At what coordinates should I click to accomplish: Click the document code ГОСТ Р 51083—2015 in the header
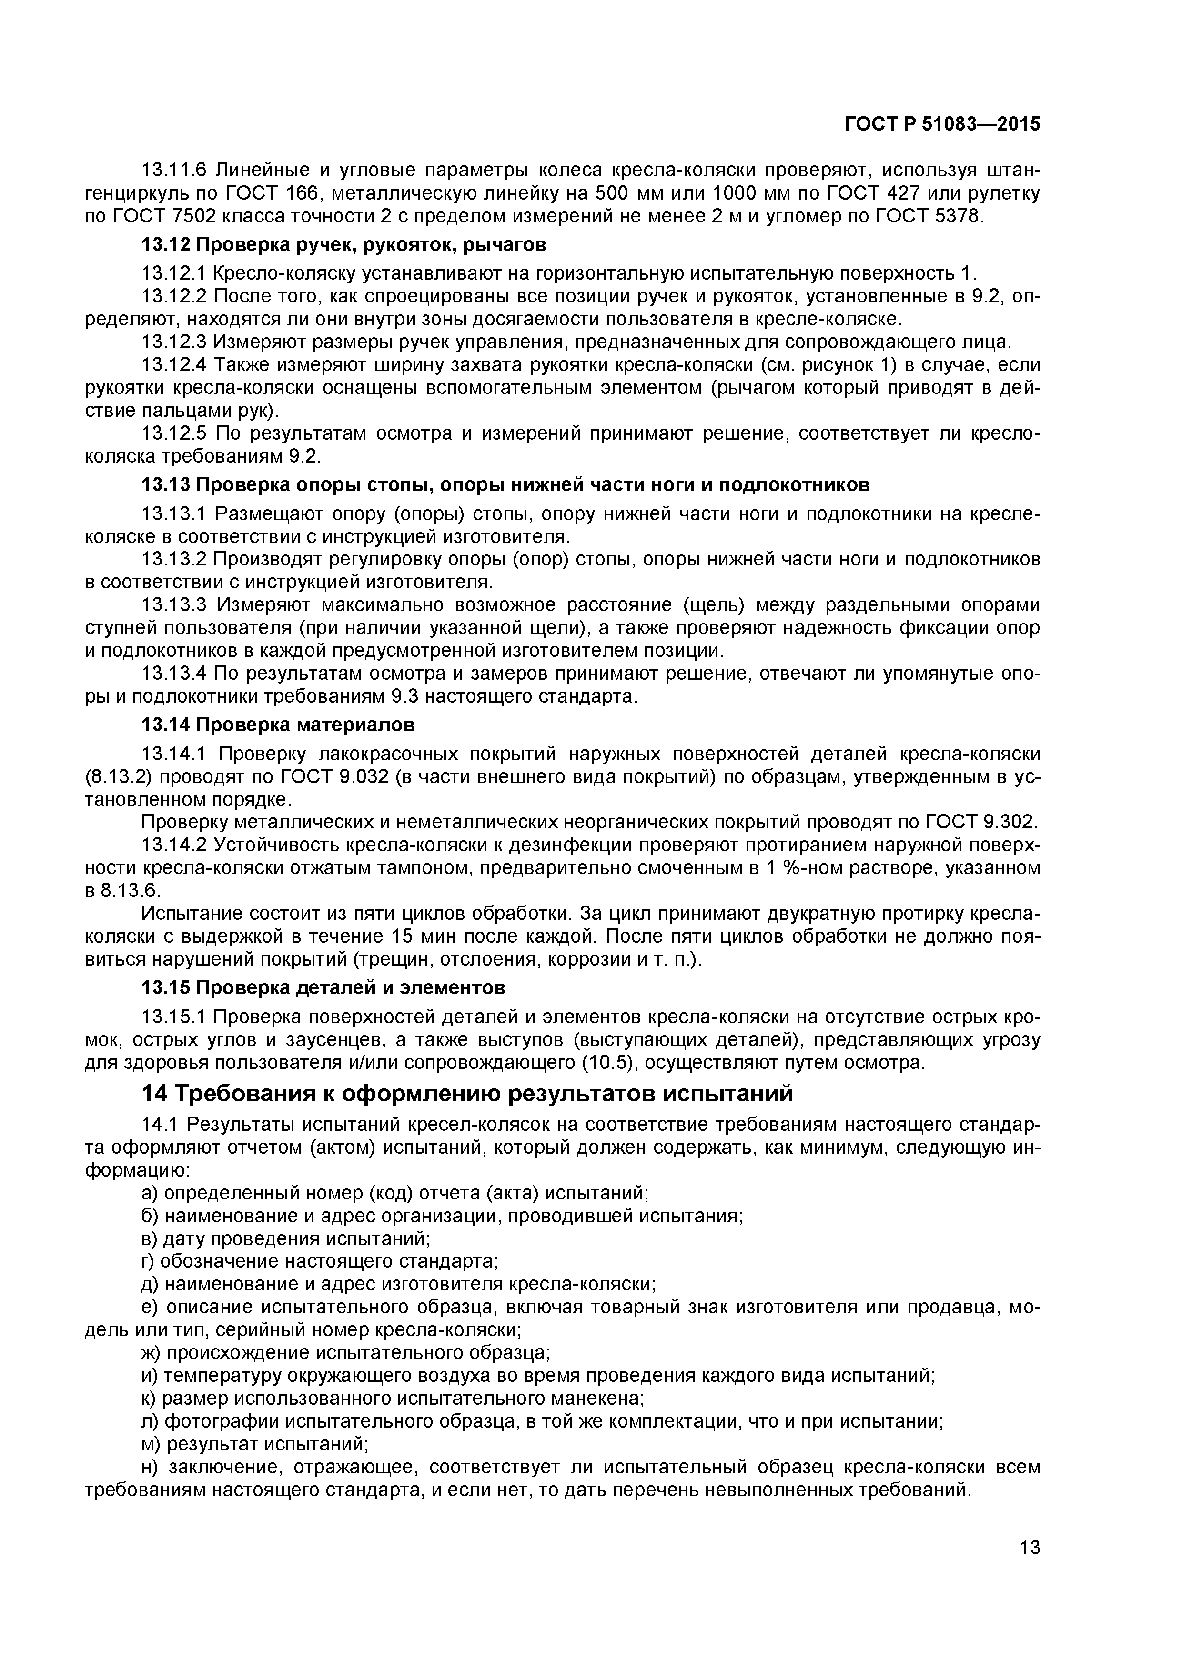click(942, 124)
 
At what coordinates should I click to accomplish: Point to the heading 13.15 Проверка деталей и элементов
click(323, 987)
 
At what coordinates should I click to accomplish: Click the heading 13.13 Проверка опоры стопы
click(505, 485)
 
